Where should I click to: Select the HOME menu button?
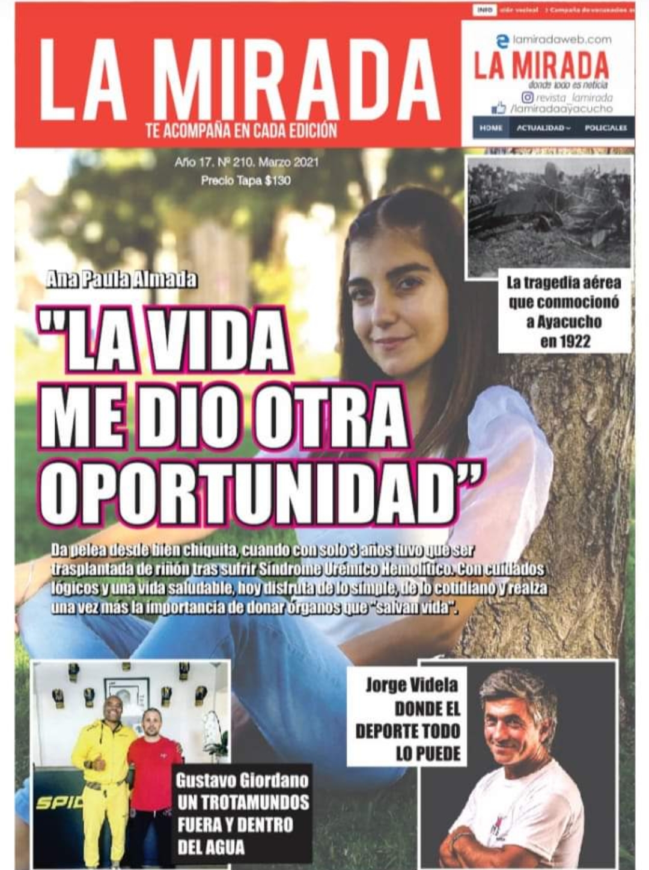click(491, 128)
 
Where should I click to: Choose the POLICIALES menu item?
click(605, 128)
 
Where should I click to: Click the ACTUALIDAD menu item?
click(543, 128)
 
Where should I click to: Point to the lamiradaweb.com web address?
click(562, 40)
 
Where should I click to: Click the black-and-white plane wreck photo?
click(549, 216)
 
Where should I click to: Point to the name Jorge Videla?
click(412, 685)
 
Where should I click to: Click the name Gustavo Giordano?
click(242, 781)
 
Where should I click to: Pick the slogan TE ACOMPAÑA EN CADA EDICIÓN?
click(242, 131)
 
